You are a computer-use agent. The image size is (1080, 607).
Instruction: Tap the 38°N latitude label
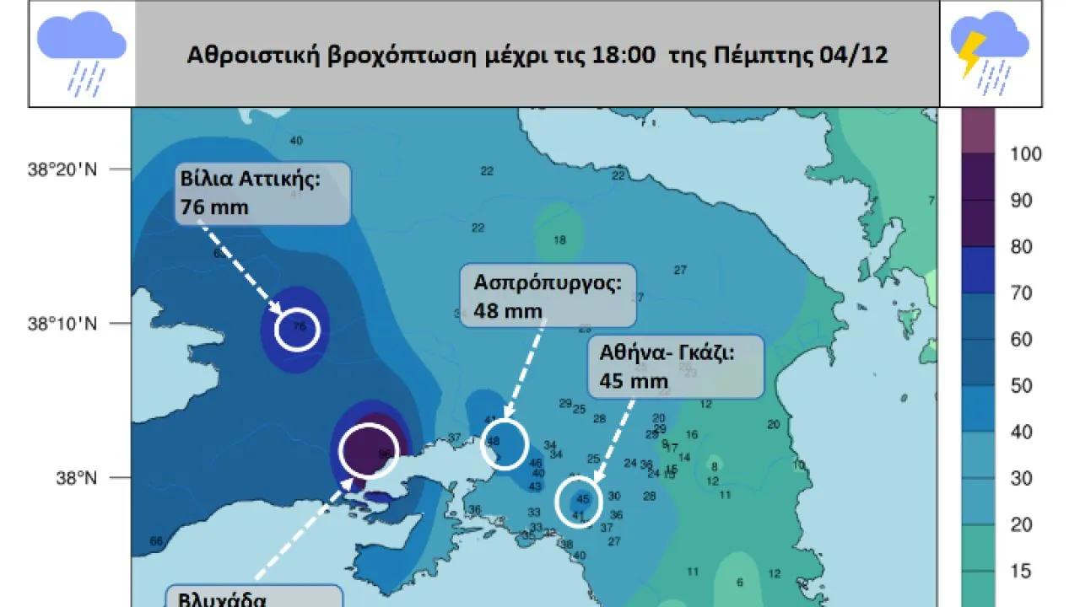click(77, 478)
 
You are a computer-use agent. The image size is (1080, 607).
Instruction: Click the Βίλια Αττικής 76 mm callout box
click(262, 193)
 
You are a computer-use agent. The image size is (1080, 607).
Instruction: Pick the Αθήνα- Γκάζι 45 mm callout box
click(677, 366)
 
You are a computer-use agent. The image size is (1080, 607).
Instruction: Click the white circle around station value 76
click(298, 329)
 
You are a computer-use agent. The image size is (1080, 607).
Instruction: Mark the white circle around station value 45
click(579, 502)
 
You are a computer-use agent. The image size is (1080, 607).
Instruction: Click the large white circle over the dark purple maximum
click(368, 450)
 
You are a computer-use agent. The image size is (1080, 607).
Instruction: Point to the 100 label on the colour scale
click(1026, 153)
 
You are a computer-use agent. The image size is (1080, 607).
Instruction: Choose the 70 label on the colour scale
click(1022, 293)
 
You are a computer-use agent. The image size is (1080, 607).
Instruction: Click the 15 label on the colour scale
click(1022, 571)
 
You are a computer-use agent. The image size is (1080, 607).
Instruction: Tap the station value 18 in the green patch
click(559, 239)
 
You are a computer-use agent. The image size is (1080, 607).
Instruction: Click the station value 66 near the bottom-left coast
click(155, 541)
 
